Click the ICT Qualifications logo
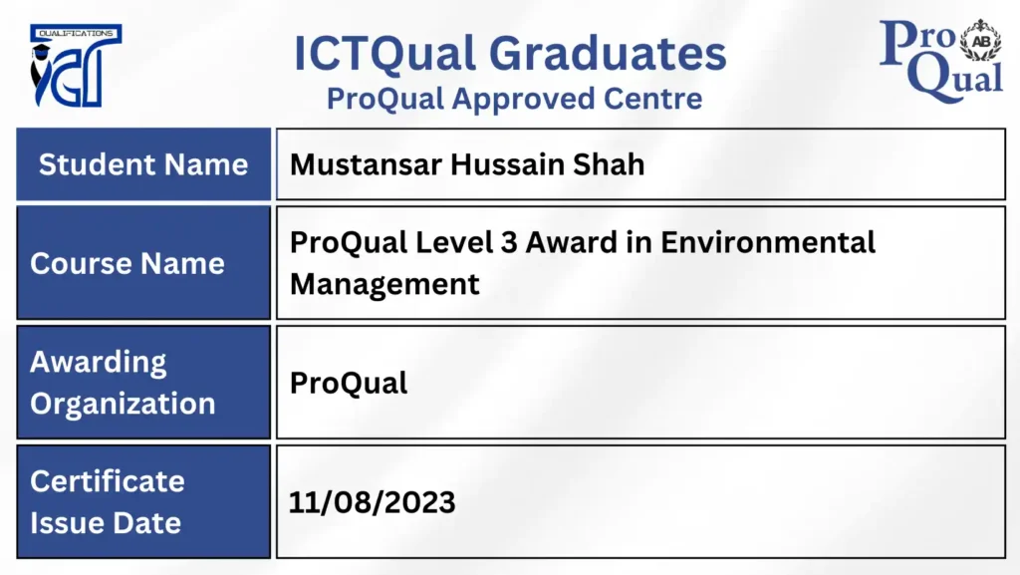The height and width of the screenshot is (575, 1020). click(x=76, y=66)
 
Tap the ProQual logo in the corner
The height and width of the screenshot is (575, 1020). click(x=940, y=61)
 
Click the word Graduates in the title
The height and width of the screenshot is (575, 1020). click(x=608, y=54)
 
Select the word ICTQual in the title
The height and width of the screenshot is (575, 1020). click(x=384, y=55)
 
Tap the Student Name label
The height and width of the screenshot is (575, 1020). click(x=143, y=164)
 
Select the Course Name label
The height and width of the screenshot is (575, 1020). click(x=127, y=263)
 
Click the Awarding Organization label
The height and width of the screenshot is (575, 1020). click(x=123, y=383)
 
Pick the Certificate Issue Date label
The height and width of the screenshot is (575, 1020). click(x=108, y=502)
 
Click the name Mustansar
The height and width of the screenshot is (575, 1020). click(x=366, y=164)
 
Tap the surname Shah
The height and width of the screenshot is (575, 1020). click(x=609, y=164)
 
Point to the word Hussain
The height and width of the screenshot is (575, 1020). click(x=507, y=164)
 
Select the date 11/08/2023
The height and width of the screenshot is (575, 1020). click(x=373, y=503)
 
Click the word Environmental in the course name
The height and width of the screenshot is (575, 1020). click(x=768, y=242)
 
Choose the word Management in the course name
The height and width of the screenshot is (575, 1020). click(x=384, y=285)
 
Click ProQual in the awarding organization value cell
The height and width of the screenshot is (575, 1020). click(x=349, y=383)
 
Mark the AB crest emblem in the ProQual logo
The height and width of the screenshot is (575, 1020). click(x=981, y=40)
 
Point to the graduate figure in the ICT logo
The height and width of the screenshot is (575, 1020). click(x=41, y=72)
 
